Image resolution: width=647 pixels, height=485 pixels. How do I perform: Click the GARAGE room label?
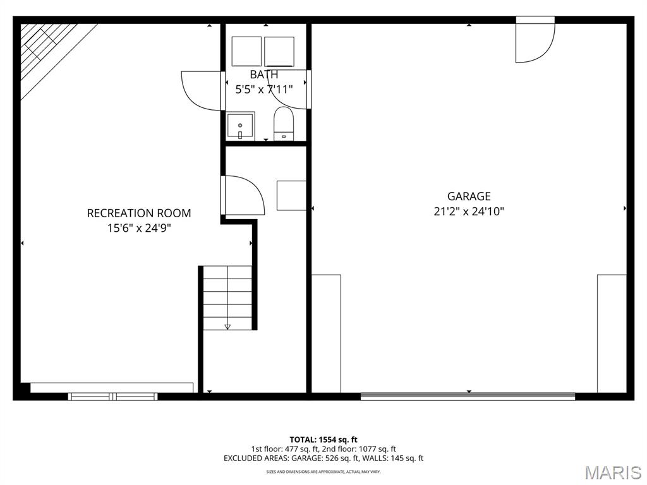pos(469,196)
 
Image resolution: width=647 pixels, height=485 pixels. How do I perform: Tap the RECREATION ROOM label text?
pos(139,213)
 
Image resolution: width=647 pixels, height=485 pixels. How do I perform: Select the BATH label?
pos(264,75)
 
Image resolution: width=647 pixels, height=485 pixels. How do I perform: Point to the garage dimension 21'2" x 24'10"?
pos(469,212)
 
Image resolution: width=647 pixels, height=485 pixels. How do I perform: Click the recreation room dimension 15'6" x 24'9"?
pos(139,228)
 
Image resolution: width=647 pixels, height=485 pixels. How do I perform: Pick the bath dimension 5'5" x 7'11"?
pos(264,89)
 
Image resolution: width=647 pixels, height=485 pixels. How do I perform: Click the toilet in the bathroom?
pos(284,124)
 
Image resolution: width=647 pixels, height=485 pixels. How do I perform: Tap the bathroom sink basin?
pos(241,126)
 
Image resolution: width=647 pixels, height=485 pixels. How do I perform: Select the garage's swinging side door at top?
pos(535,40)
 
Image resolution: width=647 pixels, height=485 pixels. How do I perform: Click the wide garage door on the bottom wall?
pos(468,397)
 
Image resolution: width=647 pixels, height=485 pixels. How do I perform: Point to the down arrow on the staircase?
pos(227,326)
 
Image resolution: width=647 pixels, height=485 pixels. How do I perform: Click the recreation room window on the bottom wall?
pos(112,397)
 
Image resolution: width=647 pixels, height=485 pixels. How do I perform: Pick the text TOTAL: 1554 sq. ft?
pos(323,440)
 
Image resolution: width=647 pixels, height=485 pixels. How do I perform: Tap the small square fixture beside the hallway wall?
pos(292,196)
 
